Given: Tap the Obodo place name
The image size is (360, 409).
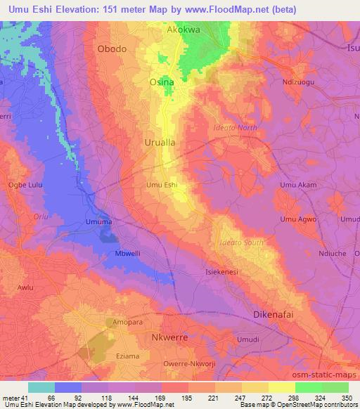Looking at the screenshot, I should (x=112, y=48).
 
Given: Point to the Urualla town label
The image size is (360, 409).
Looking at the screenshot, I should (x=159, y=141).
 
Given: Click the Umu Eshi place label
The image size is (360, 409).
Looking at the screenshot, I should (x=161, y=185).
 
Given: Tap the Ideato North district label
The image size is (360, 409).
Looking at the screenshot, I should (x=236, y=127).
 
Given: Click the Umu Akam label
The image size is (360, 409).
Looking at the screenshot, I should (x=298, y=185).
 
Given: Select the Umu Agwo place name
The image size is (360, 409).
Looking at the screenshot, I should (x=299, y=220).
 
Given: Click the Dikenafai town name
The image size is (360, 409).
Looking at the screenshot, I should (x=282, y=314).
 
